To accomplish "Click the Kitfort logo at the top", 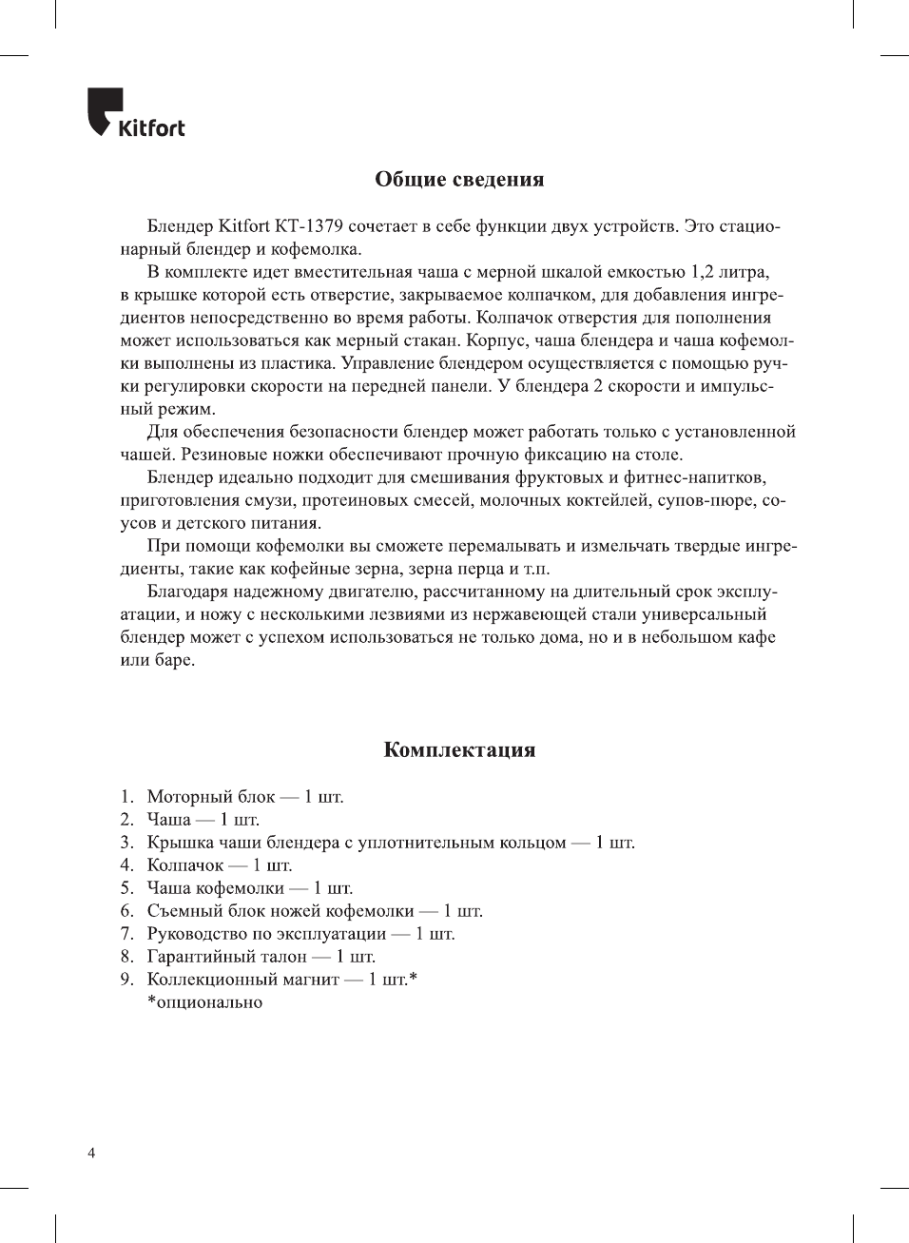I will [136, 114].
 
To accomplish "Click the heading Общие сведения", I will [459, 180].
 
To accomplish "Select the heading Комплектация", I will [459, 750].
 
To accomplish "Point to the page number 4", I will [91, 1154].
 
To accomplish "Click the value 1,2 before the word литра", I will [702, 272].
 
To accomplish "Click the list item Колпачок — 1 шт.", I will [219, 865].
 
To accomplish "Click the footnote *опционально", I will [204, 1002].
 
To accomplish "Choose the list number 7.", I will [126, 934].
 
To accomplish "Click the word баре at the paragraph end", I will [174, 660].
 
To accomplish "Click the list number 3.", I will [126, 843].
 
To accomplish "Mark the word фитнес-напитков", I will [695, 477].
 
